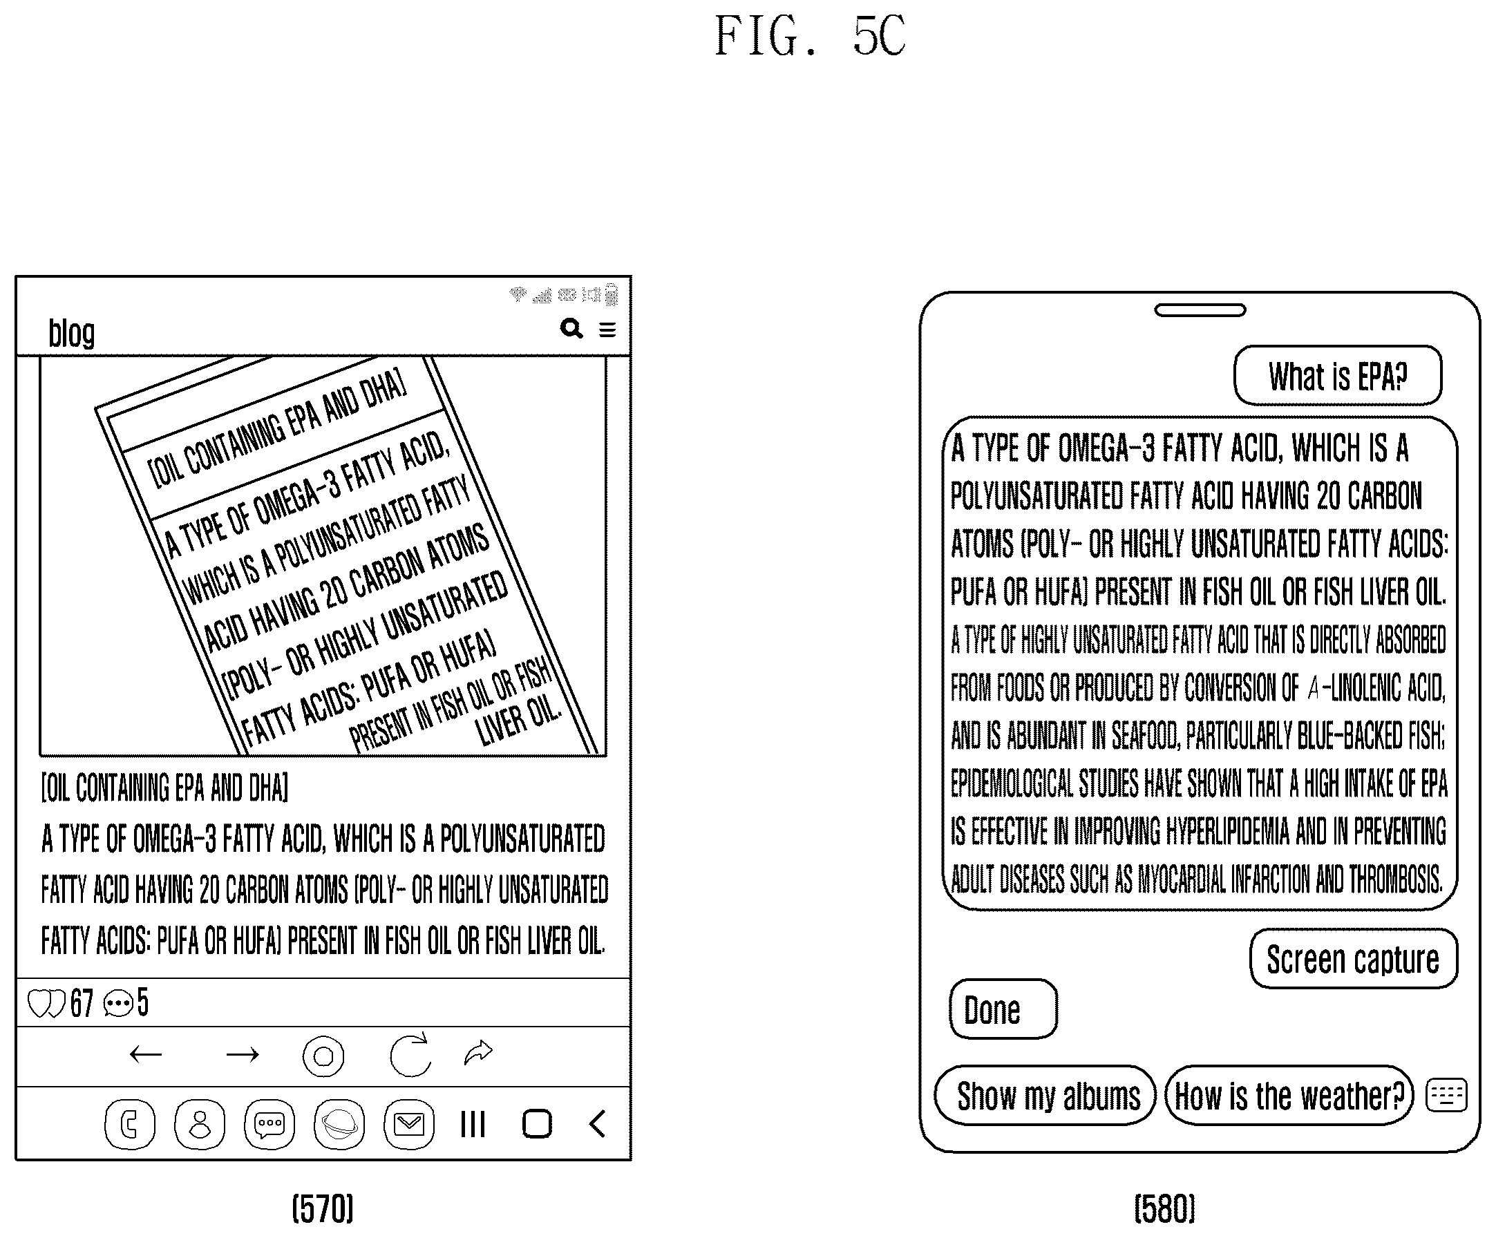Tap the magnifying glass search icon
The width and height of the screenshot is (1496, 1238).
pyautogui.click(x=571, y=328)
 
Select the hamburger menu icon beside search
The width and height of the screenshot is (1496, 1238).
pyautogui.click(x=607, y=330)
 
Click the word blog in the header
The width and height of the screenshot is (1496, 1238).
pyautogui.click(x=71, y=333)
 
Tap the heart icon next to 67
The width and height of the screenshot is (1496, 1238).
pyautogui.click(x=46, y=1004)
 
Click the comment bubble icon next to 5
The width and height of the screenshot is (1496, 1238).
pyautogui.click(x=118, y=1004)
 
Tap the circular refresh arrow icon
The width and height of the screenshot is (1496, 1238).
pyautogui.click(x=410, y=1054)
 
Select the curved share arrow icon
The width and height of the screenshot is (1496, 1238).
pyautogui.click(x=478, y=1051)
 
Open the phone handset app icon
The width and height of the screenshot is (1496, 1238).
pyautogui.click(x=130, y=1124)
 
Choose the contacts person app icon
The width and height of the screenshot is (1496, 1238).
pyautogui.click(x=200, y=1124)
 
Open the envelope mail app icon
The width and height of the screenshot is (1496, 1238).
pyautogui.click(x=409, y=1124)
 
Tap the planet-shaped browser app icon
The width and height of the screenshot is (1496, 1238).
pyautogui.click(x=339, y=1124)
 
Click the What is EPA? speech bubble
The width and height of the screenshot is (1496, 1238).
pyautogui.click(x=1338, y=375)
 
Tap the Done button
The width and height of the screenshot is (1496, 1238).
pyautogui.click(x=1003, y=1009)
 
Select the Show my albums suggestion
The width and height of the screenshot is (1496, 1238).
pyautogui.click(x=1045, y=1096)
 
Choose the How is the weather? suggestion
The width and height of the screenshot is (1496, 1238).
pyautogui.click(x=1289, y=1096)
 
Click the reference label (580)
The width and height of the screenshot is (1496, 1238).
pyautogui.click(x=1165, y=1209)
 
